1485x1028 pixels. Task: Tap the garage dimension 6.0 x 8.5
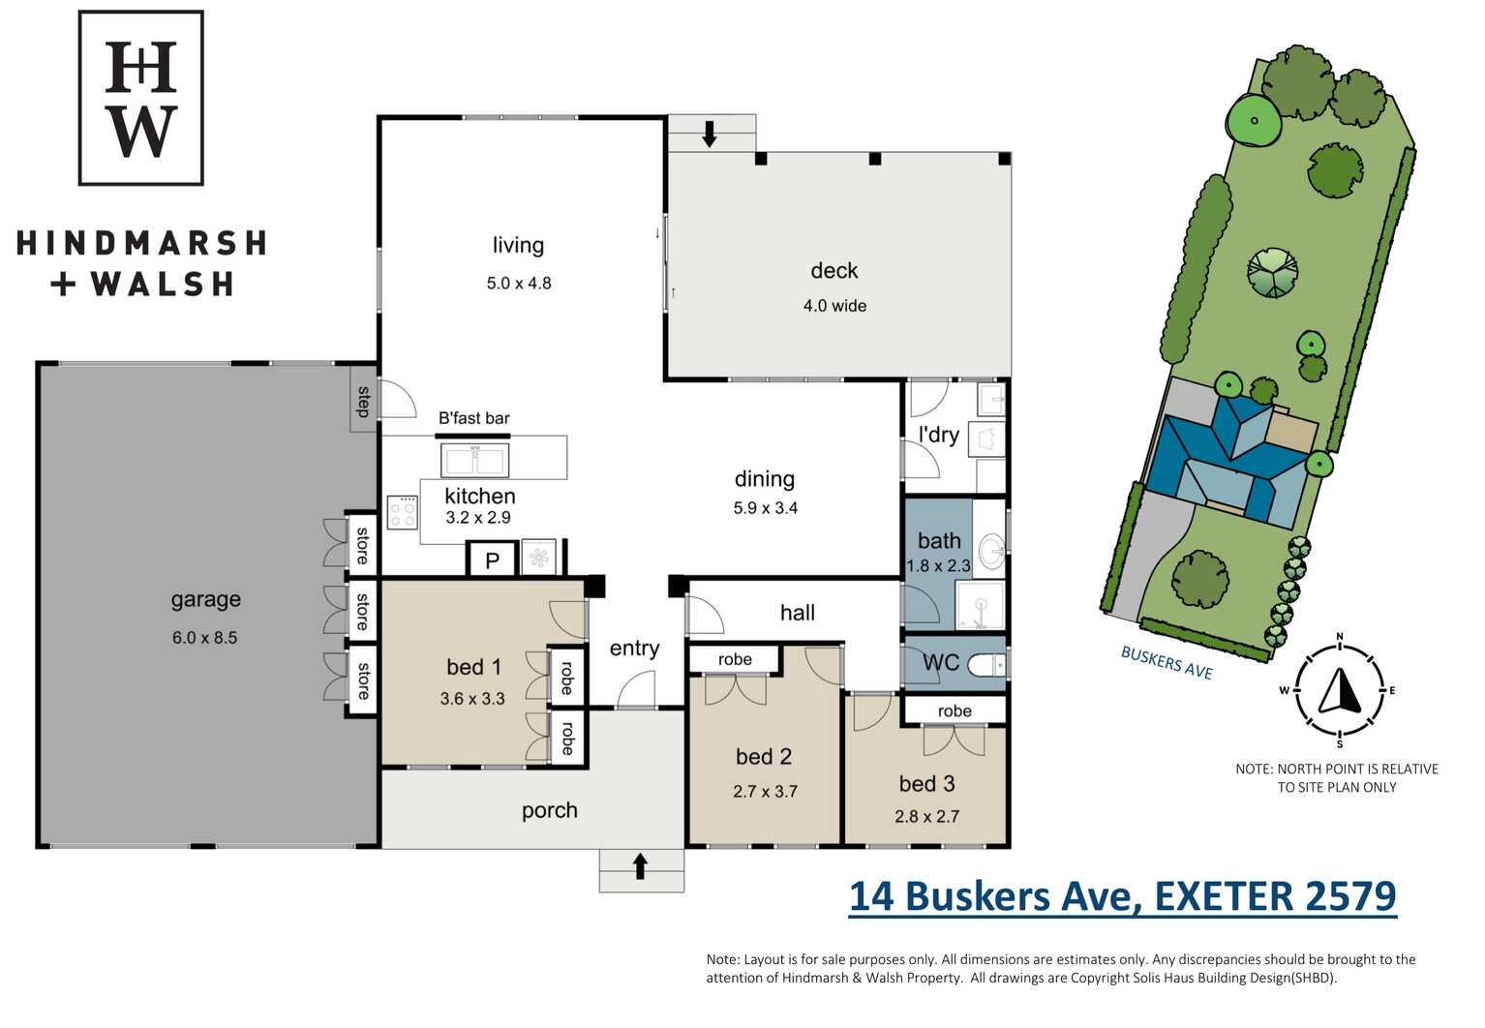[x=205, y=638]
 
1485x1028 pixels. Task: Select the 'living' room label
[x=518, y=245]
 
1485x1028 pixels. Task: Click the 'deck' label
[x=834, y=270]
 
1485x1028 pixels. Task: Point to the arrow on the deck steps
[x=710, y=134]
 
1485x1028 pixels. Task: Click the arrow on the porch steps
[x=640, y=866]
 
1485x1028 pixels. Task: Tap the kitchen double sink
[x=474, y=460]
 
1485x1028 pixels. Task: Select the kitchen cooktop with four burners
[x=403, y=512]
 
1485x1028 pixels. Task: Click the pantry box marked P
[x=492, y=560]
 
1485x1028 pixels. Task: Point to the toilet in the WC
[x=987, y=665]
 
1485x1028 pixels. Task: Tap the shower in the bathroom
[x=980, y=605]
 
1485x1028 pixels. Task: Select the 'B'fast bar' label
[x=474, y=418]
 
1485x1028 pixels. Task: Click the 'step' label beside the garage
[x=363, y=402]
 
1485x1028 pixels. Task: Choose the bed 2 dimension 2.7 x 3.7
[x=765, y=792]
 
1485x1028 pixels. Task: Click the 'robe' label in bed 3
[x=955, y=711]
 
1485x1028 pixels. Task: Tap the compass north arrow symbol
[x=1340, y=690]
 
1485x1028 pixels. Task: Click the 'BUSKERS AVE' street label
[x=1167, y=663]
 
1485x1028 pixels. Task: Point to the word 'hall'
[x=797, y=613]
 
